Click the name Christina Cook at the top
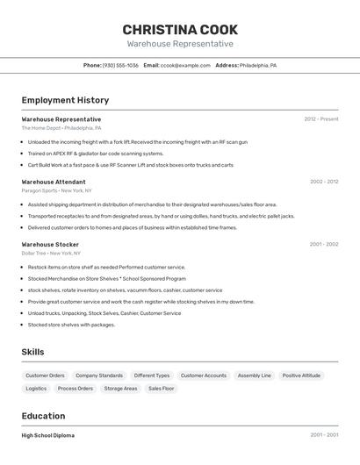pyautogui.click(x=180, y=30)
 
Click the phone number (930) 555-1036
pyautogui.click(x=120, y=65)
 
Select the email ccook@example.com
pyautogui.click(x=185, y=65)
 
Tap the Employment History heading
pyautogui.click(x=65, y=100)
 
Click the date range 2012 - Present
pyautogui.click(x=320, y=119)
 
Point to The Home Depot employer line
pyautogui.click(x=55, y=128)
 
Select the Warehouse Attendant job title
pyautogui.click(x=54, y=182)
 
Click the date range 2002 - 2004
pyautogui.click(x=323, y=182)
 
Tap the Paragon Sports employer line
pyautogui.click(x=56, y=190)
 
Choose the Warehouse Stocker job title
pyautogui.click(x=50, y=244)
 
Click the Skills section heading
pyautogui.click(x=32, y=352)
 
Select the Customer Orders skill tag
pyautogui.click(x=45, y=376)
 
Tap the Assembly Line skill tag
pyautogui.click(x=254, y=376)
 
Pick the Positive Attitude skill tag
pyautogui.click(x=301, y=376)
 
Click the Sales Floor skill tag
pyautogui.click(x=161, y=388)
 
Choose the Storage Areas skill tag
pyautogui.click(x=120, y=388)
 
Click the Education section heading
pyautogui.click(x=43, y=416)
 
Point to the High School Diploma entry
pyautogui.click(x=47, y=435)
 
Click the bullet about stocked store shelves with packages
pyautogui.click(x=71, y=325)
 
